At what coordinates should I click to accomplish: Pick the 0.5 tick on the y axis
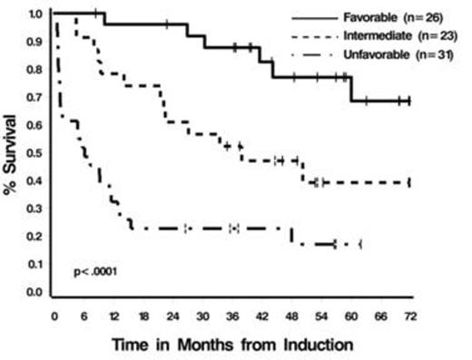(34, 153)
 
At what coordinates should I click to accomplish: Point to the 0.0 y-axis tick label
(34, 293)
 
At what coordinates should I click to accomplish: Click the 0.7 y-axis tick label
(34, 98)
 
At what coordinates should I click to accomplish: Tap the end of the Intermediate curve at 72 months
(409, 182)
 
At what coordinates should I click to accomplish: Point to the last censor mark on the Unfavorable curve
(359, 244)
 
